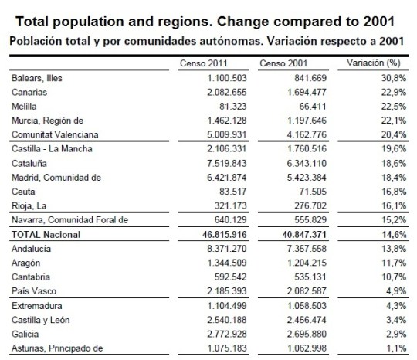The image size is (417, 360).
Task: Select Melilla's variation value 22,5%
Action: [x=388, y=105]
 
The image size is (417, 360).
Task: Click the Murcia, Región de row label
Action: [x=45, y=120]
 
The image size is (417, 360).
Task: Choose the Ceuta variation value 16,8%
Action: [x=388, y=190]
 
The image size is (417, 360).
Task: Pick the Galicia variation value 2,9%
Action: [x=390, y=333]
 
